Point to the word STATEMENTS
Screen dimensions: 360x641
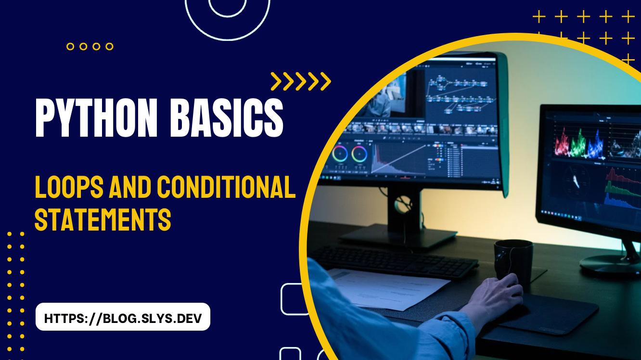coord(103,219)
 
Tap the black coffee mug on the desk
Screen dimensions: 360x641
coord(513,260)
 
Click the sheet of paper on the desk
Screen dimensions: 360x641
coord(390,286)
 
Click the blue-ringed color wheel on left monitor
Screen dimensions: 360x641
coord(340,154)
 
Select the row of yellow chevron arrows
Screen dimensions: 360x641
coord(301,81)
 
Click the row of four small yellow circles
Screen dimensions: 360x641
coord(90,47)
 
